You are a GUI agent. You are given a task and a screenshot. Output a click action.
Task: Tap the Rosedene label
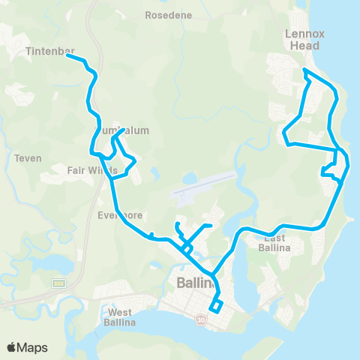pyautogui.click(x=168, y=15)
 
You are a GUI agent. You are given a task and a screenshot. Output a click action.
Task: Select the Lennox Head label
pyautogui.click(x=303, y=39)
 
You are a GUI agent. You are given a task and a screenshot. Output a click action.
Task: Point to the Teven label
pyautogui.click(x=28, y=158)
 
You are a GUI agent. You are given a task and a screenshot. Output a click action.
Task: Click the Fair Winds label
pyautogui.click(x=92, y=170)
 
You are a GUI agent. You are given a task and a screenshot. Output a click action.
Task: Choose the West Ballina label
pyautogui.click(x=119, y=317)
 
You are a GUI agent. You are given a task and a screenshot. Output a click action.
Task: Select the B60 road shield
pyautogui.click(x=58, y=283)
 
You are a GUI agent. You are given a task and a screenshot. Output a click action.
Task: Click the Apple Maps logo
pyautogui.click(x=28, y=347)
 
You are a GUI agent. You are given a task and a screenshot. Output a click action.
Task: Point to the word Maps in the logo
pyautogui.click(x=34, y=347)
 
